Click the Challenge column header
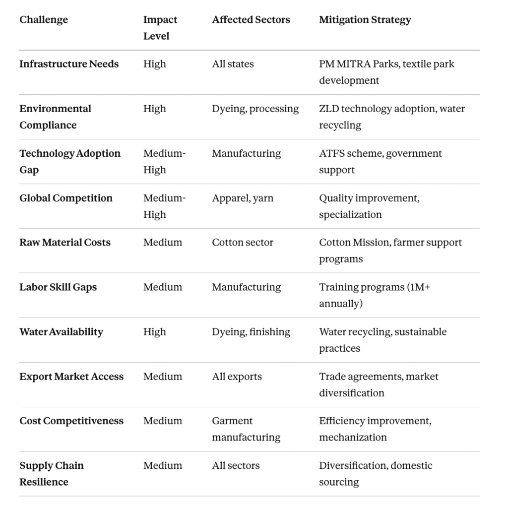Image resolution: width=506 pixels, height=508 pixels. (x=44, y=20)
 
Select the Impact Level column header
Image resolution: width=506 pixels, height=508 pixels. (x=160, y=28)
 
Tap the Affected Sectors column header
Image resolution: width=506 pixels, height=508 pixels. (x=251, y=20)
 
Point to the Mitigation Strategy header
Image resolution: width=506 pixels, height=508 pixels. (x=365, y=20)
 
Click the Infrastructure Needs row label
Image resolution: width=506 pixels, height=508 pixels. (x=69, y=64)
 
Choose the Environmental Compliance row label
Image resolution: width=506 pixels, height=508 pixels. (x=55, y=117)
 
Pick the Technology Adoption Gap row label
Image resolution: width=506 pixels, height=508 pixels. (x=69, y=161)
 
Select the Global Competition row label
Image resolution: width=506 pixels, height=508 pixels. (x=66, y=198)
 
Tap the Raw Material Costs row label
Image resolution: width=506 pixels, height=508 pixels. (x=65, y=243)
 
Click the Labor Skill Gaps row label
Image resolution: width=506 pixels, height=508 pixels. (x=58, y=287)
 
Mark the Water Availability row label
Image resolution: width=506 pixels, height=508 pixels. (x=61, y=332)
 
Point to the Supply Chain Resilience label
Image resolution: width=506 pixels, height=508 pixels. (x=51, y=473)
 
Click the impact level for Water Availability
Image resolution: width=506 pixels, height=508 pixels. (x=154, y=332)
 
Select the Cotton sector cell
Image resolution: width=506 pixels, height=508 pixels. (x=243, y=243)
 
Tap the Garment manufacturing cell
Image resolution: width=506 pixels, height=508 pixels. (x=246, y=429)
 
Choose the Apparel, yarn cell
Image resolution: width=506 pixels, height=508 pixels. (x=243, y=198)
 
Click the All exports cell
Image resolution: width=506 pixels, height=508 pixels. (x=237, y=377)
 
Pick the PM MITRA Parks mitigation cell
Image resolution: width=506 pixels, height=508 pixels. (x=386, y=72)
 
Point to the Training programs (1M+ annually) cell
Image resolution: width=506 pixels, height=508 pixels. (x=375, y=295)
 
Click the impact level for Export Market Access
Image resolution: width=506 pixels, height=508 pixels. (x=162, y=377)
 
